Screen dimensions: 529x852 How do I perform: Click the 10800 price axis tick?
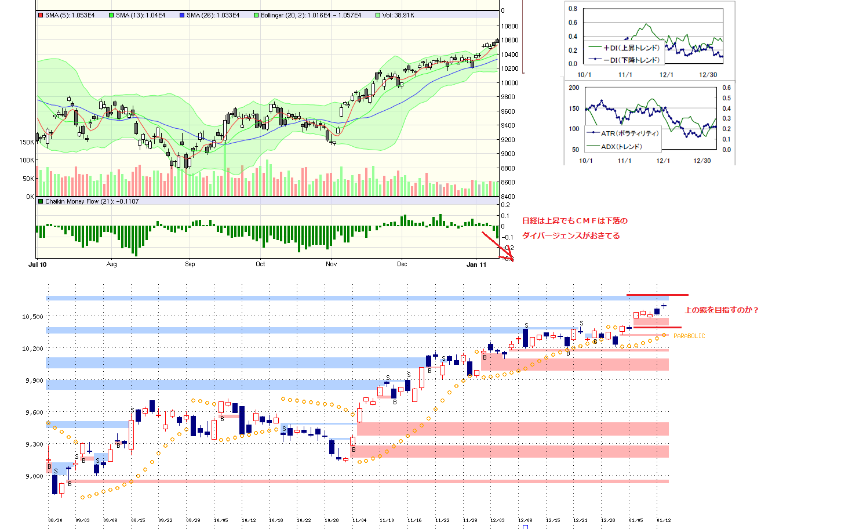tap(509, 26)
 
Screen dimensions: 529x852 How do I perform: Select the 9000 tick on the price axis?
tap(508, 154)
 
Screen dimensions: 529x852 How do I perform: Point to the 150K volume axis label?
tap(27, 142)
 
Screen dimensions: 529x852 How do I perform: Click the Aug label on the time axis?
tap(112, 264)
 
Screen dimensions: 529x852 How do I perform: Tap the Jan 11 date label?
tap(476, 264)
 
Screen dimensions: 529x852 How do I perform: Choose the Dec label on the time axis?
tap(402, 264)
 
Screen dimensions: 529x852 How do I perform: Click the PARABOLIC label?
tap(689, 336)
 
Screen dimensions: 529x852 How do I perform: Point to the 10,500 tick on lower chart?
tap(32, 317)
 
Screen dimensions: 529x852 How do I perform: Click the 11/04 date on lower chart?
tap(359, 520)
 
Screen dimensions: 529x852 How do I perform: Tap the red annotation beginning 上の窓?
tap(722, 310)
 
